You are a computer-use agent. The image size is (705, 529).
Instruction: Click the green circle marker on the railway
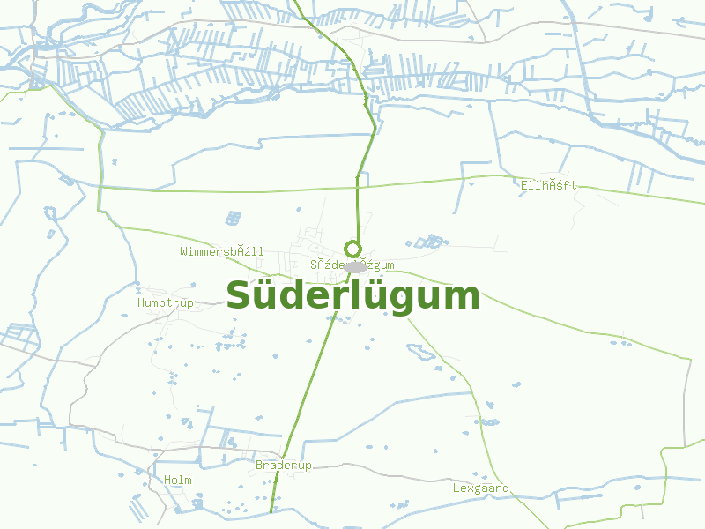tap(352, 248)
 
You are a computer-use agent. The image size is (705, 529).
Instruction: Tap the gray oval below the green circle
tap(355, 266)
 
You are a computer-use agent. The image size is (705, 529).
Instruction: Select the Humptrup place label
tap(165, 302)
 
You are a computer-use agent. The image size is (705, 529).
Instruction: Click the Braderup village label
tap(283, 465)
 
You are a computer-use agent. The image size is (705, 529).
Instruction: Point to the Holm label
tap(177, 480)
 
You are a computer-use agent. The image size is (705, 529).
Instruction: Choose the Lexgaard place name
tap(480, 488)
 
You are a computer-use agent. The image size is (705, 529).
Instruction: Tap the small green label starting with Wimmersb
tap(221, 251)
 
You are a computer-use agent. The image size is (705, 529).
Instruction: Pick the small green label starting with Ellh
tap(548, 185)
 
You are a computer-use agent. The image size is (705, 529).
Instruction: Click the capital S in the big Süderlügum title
tap(240, 296)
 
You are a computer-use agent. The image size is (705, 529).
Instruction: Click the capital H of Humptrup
tap(141, 302)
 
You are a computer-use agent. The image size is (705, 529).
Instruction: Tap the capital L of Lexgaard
tap(457, 488)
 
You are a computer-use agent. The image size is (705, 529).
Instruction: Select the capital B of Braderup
tap(259, 465)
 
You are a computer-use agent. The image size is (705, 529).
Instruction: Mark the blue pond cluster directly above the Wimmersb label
tap(233, 217)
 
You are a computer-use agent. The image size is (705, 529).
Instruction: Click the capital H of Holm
tap(167, 480)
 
